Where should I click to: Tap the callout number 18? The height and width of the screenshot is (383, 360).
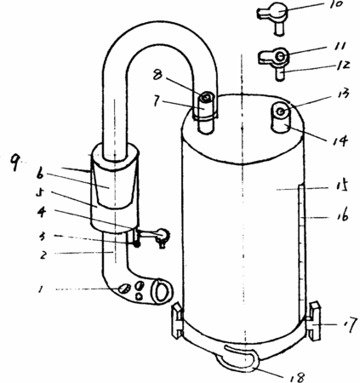tap(296, 377)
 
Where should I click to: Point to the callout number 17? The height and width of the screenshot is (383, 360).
tap(349, 324)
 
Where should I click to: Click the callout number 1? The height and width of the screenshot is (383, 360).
tap(41, 289)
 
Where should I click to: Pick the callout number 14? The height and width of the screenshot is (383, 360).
tap(340, 140)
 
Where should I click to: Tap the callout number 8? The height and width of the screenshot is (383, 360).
tap(157, 75)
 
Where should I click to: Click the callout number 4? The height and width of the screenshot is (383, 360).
tap(42, 212)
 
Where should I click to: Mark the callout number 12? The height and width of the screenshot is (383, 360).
tap(342, 66)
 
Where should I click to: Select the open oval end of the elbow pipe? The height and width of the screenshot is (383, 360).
tap(162, 290)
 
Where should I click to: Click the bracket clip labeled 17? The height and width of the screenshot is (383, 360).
tap(314, 321)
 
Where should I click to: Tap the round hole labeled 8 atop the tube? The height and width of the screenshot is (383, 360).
tap(206, 98)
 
